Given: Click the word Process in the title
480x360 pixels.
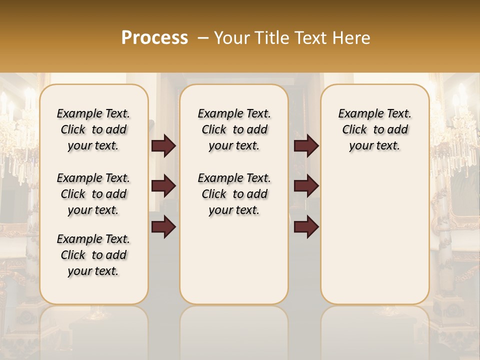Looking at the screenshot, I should coord(154,38).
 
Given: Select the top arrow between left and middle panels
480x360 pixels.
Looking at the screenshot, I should coord(163,146).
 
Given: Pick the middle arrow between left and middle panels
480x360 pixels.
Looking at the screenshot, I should coord(163,186).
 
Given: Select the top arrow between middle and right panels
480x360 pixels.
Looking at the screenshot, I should coord(306,146).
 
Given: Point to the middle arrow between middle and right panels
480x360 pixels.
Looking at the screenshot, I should coord(306,186).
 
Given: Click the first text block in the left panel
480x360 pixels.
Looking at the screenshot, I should coord(93,129).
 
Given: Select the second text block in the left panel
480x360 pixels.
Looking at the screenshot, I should coord(93,194).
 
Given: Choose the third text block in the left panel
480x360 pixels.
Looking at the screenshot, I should coord(93,255).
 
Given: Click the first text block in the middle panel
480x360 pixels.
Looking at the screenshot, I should coord(234,129).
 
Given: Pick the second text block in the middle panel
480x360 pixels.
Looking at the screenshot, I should coord(234,194).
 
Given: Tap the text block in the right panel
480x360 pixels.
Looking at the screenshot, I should coord(374,129).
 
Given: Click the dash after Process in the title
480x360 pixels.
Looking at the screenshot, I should coord(202,38).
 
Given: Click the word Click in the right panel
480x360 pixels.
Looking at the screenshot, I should coord(354,130).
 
